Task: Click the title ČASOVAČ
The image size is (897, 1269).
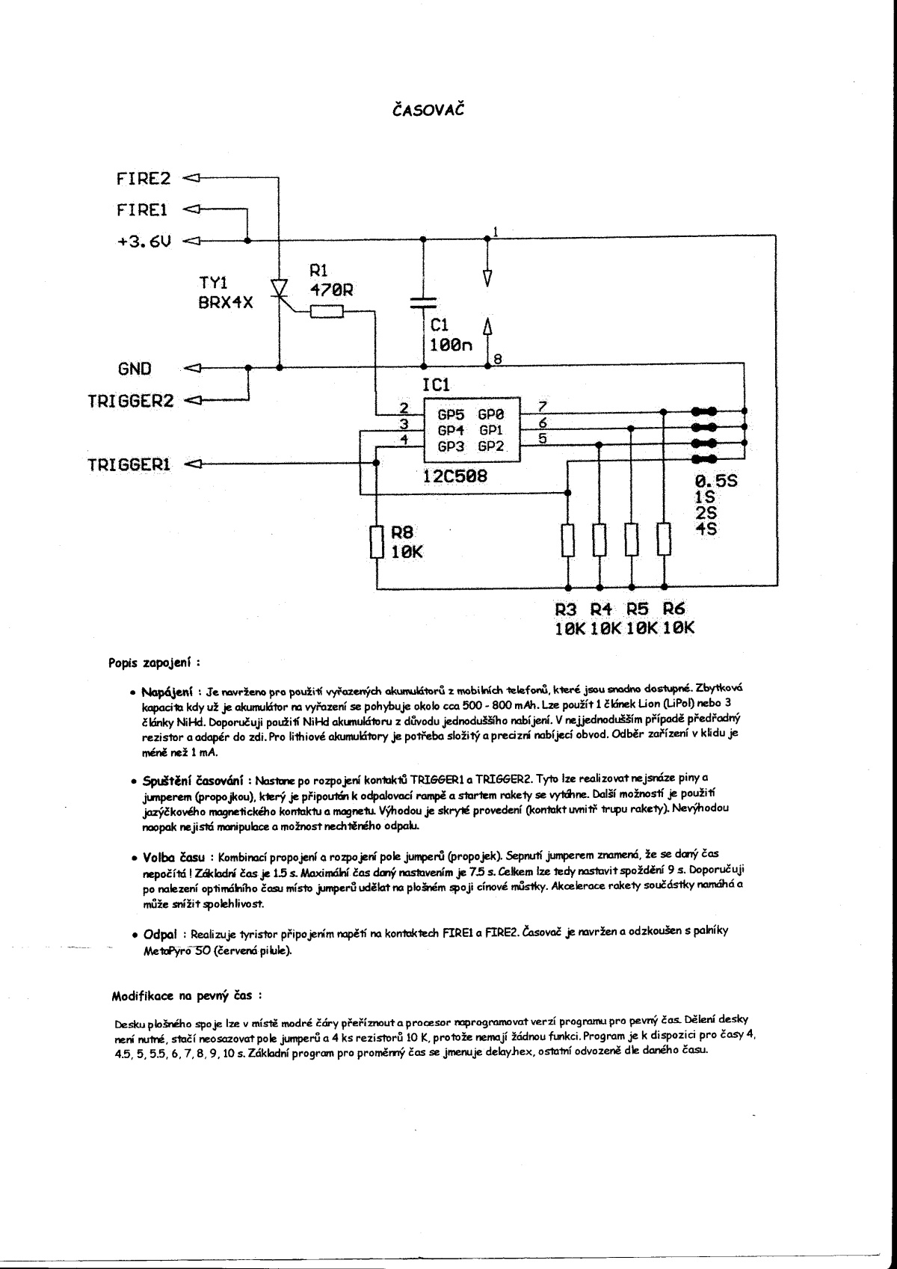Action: [428, 111]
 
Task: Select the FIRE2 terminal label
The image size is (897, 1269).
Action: [144, 179]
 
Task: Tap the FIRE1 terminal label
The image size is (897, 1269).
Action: [142, 210]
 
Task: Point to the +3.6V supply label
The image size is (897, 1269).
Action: [144, 242]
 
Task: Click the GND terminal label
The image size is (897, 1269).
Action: [134, 369]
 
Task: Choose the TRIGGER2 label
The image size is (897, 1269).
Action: [130, 400]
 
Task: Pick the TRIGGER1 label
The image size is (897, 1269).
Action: [129, 464]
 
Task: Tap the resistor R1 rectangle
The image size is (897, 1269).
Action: [325, 313]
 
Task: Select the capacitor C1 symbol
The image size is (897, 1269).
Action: [423, 303]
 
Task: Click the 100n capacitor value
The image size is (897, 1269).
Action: [450, 345]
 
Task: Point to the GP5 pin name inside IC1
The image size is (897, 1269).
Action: [451, 414]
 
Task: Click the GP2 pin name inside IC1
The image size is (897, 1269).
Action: [492, 447]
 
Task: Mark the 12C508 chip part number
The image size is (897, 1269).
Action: [454, 476]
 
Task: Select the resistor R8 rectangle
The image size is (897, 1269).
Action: [377, 541]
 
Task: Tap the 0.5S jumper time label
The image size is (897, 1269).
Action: [715, 482]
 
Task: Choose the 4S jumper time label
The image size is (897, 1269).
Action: [706, 529]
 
